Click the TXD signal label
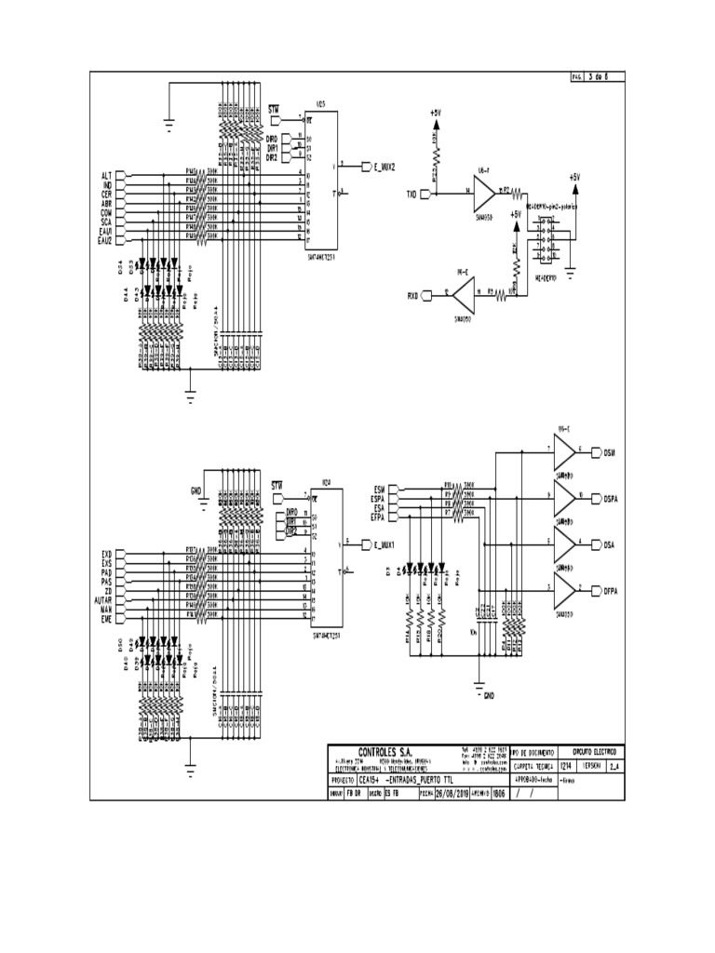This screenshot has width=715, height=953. pos(410,195)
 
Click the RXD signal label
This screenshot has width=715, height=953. pos(411,296)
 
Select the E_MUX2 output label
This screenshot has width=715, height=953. pos(384,168)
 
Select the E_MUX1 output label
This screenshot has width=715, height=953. pos(384,544)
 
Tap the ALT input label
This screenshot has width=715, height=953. pos(106,175)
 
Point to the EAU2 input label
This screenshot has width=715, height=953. pos(104,241)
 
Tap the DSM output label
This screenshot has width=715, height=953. pos(610,453)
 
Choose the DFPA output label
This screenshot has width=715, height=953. pos(612,589)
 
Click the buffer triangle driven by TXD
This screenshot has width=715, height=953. pos(483,194)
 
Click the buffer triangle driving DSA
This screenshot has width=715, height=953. pos(564,544)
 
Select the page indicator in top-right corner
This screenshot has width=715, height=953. pos(597,77)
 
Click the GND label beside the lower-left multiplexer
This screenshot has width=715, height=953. pos(196,490)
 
